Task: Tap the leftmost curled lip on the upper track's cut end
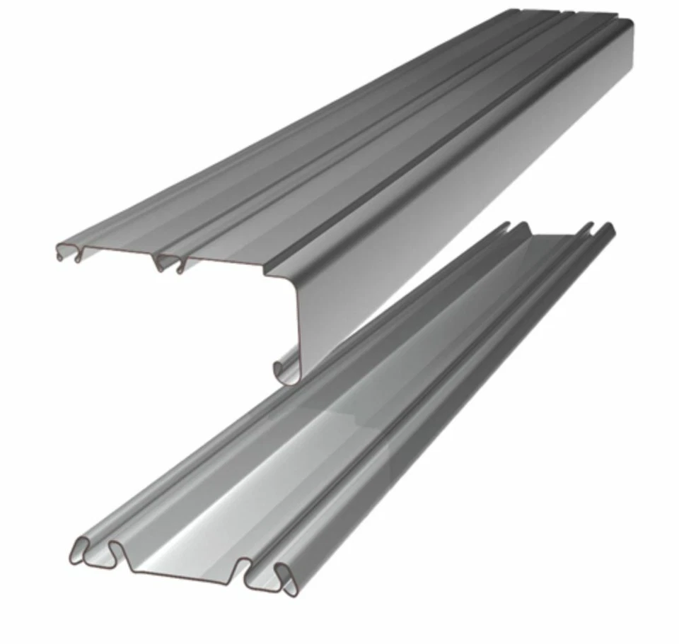(x=64, y=251)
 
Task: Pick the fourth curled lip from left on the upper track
(x=180, y=265)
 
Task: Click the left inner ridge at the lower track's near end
(x=117, y=551)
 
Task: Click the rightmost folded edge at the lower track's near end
(x=286, y=577)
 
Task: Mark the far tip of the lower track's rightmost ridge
(x=608, y=228)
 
